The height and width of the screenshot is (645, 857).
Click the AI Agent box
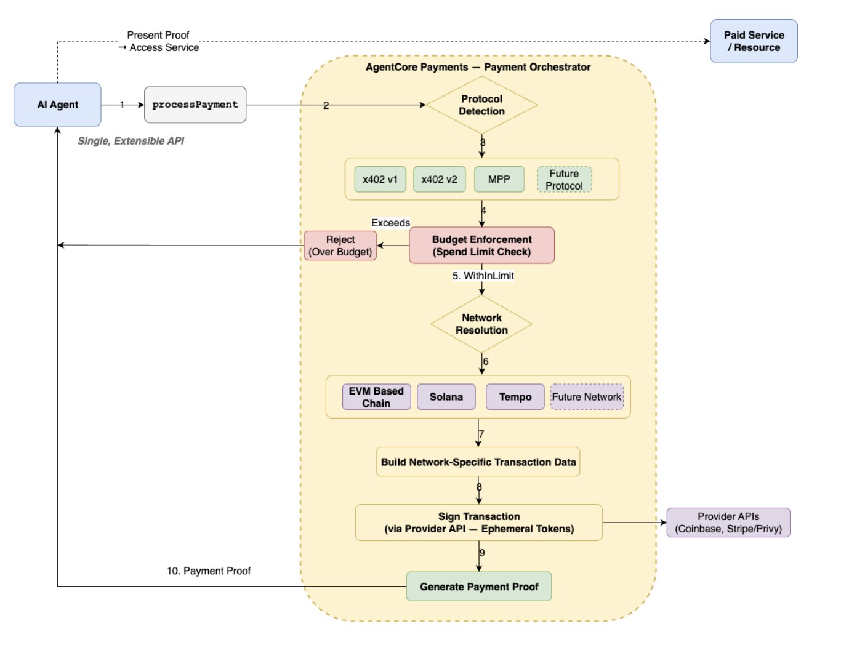tap(57, 104)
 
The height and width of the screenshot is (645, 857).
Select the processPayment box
tap(195, 105)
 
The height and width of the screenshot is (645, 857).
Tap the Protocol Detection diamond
tap(481, 105)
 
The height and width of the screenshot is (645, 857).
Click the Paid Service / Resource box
tap(754, 41)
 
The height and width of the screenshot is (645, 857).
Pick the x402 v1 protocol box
tap(380, 179)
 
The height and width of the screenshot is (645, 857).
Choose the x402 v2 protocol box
tap(439, 179)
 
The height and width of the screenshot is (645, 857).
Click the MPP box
tap(499, 179)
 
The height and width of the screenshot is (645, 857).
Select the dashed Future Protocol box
tap(564, 179)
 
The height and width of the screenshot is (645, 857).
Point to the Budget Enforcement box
tap(481, 245)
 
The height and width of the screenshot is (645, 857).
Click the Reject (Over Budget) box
tap(340, 246)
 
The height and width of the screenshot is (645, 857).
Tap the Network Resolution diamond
tap(481, 324)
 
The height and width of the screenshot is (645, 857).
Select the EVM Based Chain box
tap(376, 396)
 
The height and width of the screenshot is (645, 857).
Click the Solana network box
tap(446, 396)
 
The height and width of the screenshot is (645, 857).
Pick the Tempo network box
tap(515, 396)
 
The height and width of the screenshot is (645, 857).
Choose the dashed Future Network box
tap(587, 396)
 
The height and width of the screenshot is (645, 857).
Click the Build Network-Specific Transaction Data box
tap(478, 462)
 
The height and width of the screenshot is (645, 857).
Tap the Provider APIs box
tap(728, 522)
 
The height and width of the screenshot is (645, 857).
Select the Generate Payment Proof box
tap(478, 586)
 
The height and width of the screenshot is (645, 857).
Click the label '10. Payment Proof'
tap(209, 571)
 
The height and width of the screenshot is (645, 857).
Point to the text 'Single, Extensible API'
tap(131, 141)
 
